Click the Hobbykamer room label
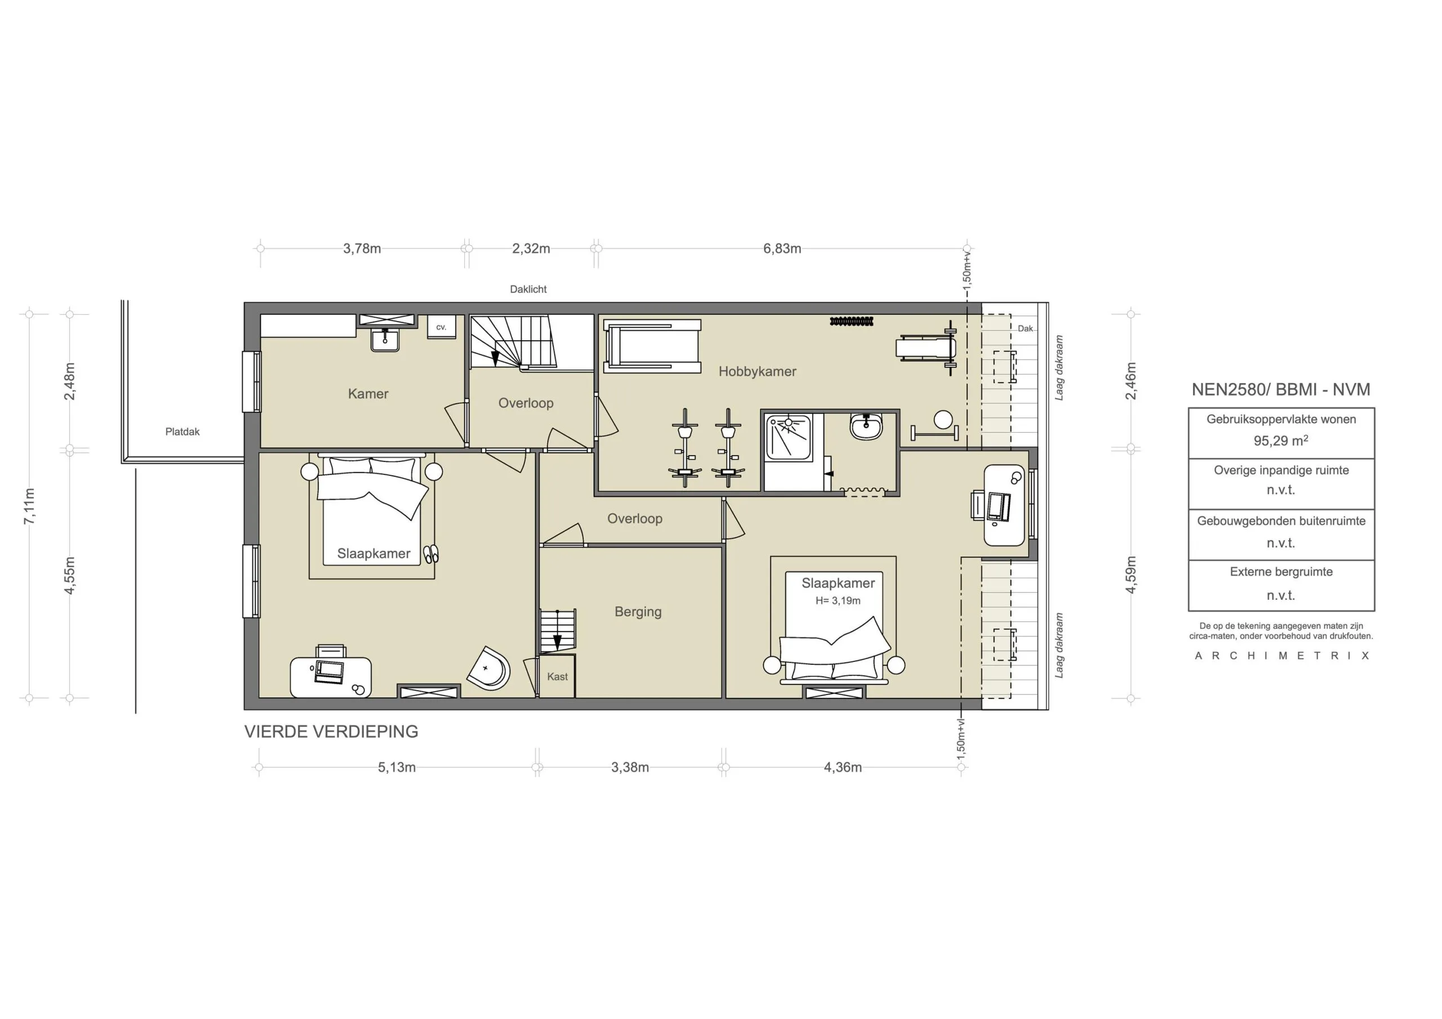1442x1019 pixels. [757, 371]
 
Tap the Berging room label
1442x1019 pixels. [638, 611]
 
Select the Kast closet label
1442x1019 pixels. [557, 677]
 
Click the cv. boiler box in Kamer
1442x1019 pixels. [441, 327]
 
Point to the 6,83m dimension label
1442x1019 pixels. [782, 248]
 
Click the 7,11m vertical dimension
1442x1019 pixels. [29, 506]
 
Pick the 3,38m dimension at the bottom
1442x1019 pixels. [630, 767]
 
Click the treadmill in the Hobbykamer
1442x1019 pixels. [652, 346]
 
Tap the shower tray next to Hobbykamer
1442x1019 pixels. [787, 437]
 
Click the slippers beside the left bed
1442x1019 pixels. [431, 554]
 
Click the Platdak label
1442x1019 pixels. [182, 431]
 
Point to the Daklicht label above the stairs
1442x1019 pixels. [528, 289]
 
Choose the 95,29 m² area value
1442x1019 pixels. [1280, 440]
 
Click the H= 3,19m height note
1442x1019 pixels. [838, 600]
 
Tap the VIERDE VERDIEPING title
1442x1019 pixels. [331, 731]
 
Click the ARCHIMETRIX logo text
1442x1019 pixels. [1281, 655]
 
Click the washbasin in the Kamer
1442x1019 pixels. [385, 340]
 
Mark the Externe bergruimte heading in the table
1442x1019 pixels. [1280, 572]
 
